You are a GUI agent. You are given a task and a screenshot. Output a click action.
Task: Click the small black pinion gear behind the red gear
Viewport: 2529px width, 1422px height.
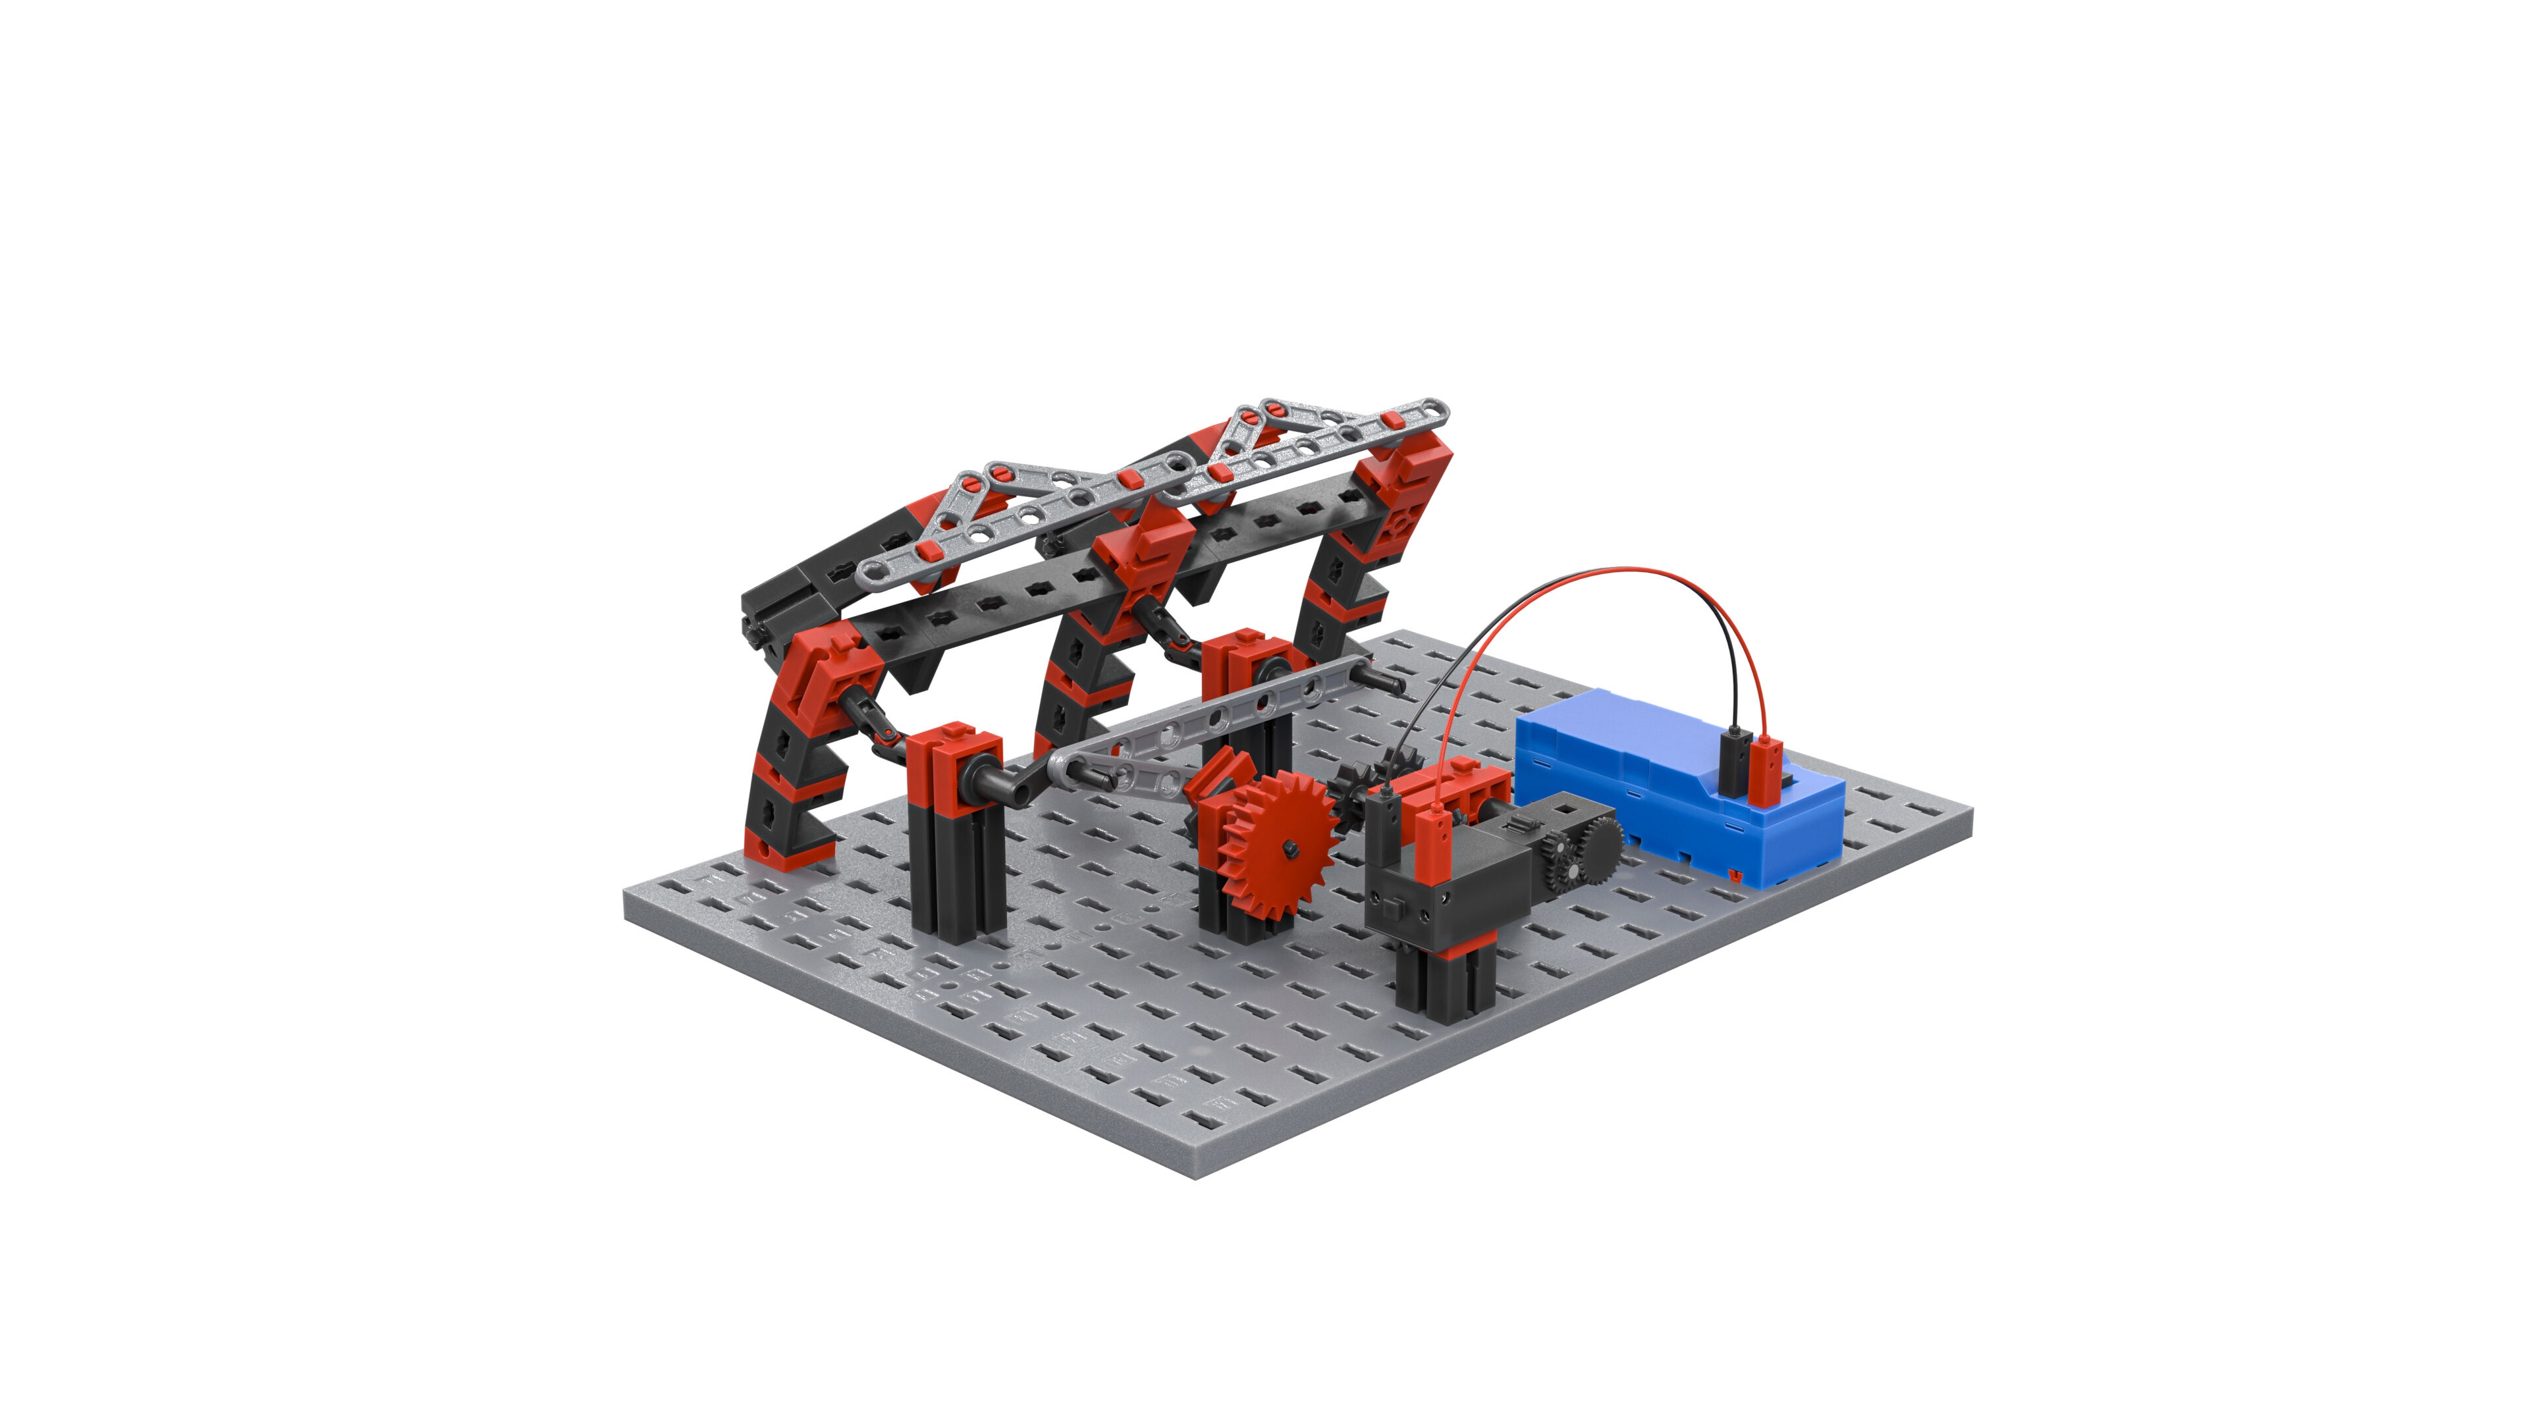[x=1350, y=785]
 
